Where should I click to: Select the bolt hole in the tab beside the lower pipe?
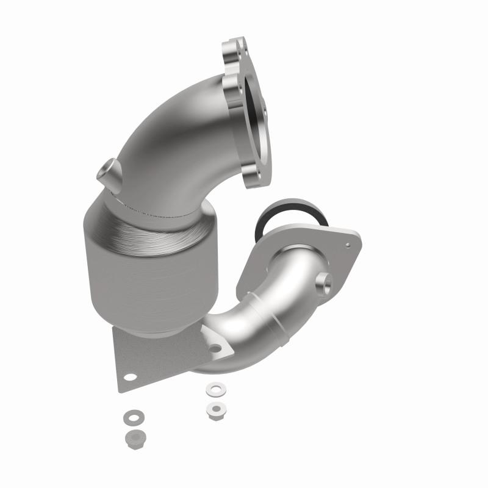tap(215, 349)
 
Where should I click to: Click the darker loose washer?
tap(131, 418)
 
